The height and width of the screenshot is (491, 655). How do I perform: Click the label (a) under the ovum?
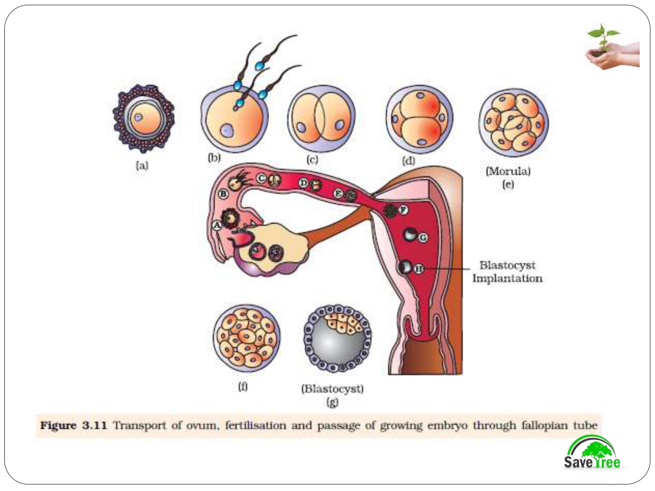point(142,165)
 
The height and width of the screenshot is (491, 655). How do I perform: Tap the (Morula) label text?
point(508,171)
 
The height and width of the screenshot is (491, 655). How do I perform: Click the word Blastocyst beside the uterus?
point(507,265)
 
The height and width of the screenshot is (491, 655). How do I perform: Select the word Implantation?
point(507,278)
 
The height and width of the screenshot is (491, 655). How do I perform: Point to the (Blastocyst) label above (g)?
point(332,388)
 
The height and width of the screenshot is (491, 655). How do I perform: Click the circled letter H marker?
point(419,269)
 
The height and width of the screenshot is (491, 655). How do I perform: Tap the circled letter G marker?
point(423,237)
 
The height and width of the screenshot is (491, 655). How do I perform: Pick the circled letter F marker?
point(403,210)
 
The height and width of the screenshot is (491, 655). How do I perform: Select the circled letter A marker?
point(217,225)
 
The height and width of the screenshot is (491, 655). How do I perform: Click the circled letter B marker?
point(223,193)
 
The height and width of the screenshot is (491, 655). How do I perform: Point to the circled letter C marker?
point(262,178)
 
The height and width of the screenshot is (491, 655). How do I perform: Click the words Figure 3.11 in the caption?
point(73,426)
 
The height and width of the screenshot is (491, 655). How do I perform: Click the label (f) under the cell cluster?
point(243,386)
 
